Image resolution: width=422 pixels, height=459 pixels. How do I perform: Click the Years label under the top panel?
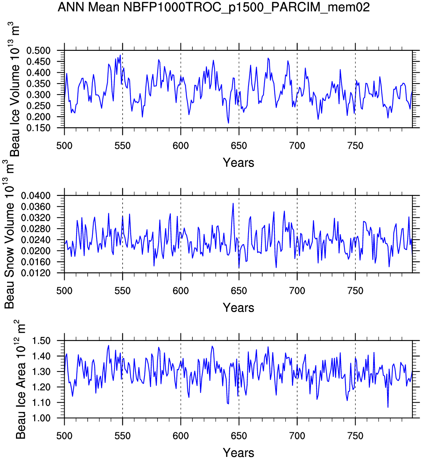tap(238, 163)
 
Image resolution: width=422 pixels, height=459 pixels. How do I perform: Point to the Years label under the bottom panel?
tap(238, 453)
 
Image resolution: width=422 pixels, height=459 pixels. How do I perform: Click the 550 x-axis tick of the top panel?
tap(123, 146)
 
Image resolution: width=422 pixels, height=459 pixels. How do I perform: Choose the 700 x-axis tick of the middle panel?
tap(297, 291)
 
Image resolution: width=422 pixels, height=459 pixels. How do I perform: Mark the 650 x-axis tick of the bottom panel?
tap(239, 436)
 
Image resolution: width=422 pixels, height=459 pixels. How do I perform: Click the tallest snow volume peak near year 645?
tap(233, 203)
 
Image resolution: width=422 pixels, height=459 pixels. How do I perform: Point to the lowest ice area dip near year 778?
tap(388, 407)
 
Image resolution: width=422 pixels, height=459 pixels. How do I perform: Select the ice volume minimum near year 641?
tap(228, 123)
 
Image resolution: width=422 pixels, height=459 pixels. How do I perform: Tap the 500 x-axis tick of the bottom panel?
tap(64, 436)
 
